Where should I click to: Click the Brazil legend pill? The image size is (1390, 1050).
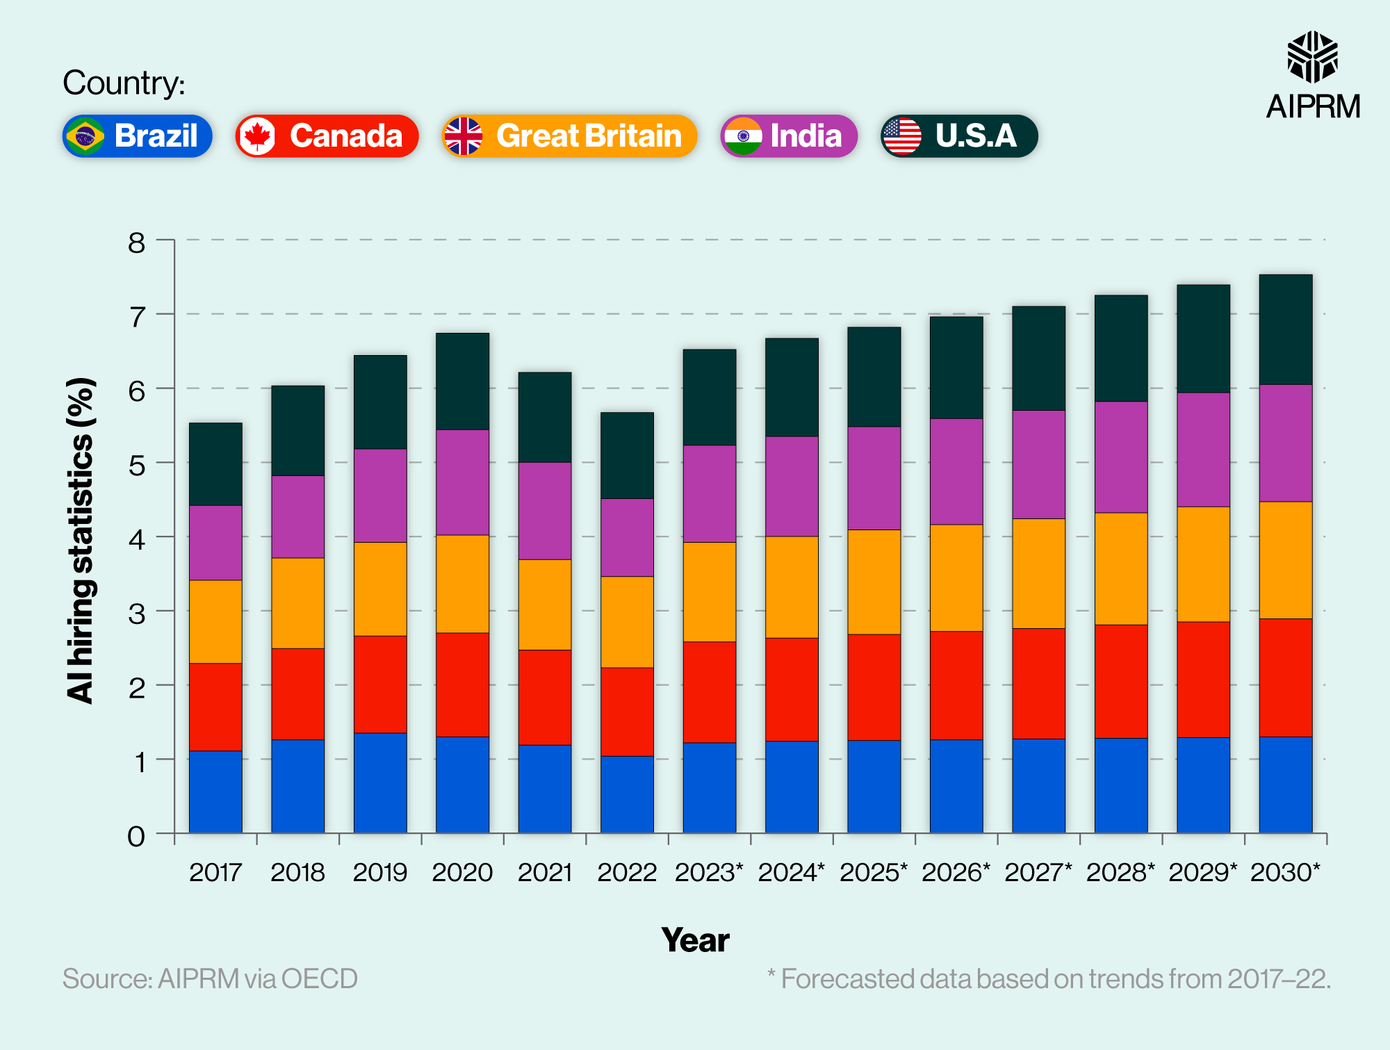coord(137,136)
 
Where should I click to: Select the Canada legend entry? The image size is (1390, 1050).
coord(327,136)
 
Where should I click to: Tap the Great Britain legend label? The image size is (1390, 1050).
coord(569,136)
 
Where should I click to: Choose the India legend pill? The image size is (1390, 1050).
coord(788,136)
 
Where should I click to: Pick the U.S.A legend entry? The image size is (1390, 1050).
coord(959,136)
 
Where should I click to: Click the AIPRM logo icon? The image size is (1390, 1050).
coord(1312,57)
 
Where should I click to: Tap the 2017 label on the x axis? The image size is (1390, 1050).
coord(215,872)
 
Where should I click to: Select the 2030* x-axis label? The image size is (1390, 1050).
coord(1285,872)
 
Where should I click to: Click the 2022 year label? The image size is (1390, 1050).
coord(627,872)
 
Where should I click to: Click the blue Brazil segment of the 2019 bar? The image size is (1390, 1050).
coord(380,782)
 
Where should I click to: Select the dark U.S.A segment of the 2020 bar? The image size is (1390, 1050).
coord(462,381)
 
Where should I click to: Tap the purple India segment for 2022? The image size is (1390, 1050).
coord(627,537)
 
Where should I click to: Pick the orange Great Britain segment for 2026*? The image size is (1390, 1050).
coord(956,577)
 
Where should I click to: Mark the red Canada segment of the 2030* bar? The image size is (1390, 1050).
coord(1285,678)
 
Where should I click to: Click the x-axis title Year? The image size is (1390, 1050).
coord(695,940)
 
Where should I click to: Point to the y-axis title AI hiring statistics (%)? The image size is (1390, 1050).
coord(81,541)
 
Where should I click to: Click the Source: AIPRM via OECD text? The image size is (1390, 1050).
coord(210,978)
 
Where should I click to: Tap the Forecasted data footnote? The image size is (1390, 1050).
coord(1049,978)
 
